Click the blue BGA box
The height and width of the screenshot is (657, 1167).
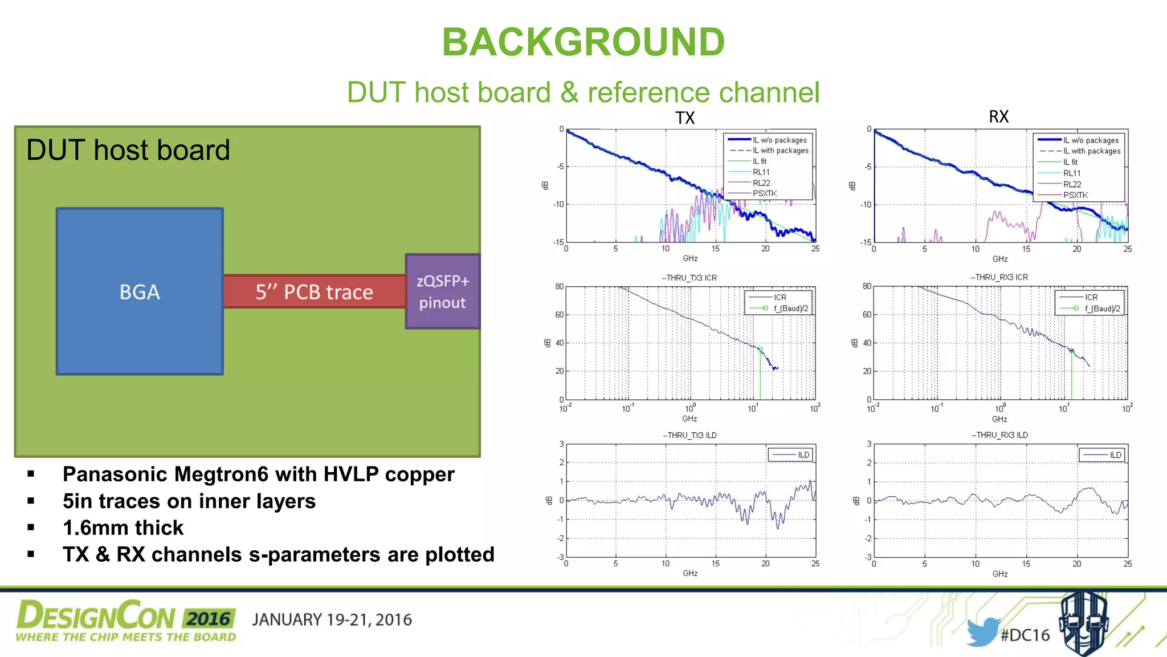click(x=140, y=291)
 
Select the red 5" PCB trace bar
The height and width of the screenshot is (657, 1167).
click(x=314, y=292)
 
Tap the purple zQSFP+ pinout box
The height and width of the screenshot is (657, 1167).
click(x=443, y=291)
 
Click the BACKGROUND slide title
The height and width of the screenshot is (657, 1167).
click(x=583, y=42)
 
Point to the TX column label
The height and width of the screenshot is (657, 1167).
click(x=685, y=118)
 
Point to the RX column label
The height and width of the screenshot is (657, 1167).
click(x=998, y=117)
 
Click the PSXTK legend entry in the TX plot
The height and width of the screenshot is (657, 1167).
click(x=765, y=194)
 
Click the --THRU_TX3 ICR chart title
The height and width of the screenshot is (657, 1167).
click(x=689, y=278)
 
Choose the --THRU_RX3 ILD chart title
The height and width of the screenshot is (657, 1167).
click(x=999, y=435)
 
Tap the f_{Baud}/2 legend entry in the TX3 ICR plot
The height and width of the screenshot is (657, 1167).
click(x=790, y=309)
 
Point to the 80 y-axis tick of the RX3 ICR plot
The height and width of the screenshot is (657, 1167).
click(x=867, y=286)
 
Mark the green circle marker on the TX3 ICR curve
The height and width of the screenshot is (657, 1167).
click(x=760, y=349)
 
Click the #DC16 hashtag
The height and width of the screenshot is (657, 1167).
click(x=1025, y=635)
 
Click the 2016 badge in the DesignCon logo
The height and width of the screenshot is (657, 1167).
click(x=209, y=619)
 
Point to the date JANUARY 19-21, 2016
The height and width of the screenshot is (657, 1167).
click(x=332, y=620)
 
